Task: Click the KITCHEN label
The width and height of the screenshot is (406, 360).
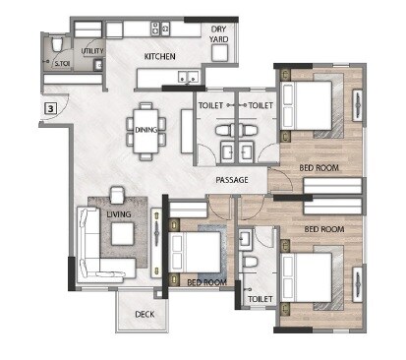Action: [159, 57]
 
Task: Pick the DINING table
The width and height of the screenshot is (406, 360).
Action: [146, 129]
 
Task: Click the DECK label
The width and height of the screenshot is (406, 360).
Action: [145, 316]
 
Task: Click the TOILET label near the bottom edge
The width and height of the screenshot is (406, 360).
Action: [260, 298]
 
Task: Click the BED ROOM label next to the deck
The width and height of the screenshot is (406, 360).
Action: [207, 282]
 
